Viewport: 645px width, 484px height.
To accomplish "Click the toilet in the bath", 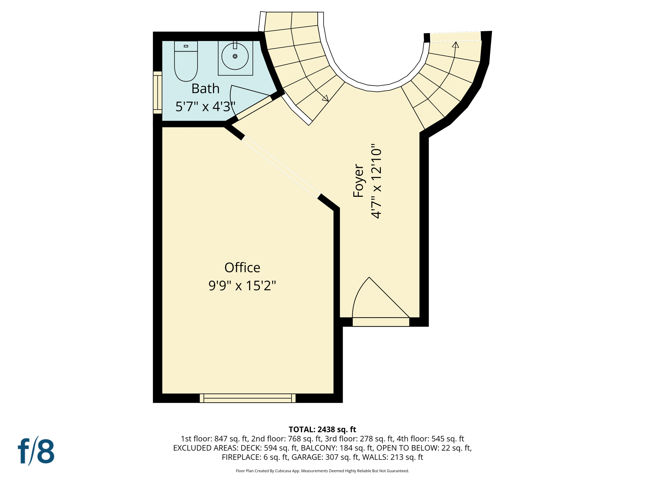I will click(186, 65).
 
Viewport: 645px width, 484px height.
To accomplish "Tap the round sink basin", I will click(235, 57).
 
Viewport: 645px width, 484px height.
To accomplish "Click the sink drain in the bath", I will click(235, 56).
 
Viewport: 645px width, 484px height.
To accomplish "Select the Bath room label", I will click(205, 89).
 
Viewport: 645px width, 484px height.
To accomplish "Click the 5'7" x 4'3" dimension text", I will click(205, 107).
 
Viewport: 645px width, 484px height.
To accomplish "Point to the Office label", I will click(242, 268).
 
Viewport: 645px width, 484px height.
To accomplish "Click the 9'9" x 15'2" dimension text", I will click(242, 286).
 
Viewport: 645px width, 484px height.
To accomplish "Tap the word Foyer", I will click(358, 181).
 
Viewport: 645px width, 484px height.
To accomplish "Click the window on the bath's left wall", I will click(157, 92).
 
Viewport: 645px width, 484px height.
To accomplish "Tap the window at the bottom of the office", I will click(248, 398).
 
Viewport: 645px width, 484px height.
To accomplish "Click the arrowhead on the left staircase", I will click(326, 98).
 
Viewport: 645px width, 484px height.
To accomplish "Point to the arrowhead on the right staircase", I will click(455, 45).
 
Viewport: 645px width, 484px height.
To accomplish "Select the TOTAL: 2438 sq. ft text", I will click(322, 429).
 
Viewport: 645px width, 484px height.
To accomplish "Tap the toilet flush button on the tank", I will click(186, 46).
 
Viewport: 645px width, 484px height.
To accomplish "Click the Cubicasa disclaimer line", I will click(322, 471).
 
